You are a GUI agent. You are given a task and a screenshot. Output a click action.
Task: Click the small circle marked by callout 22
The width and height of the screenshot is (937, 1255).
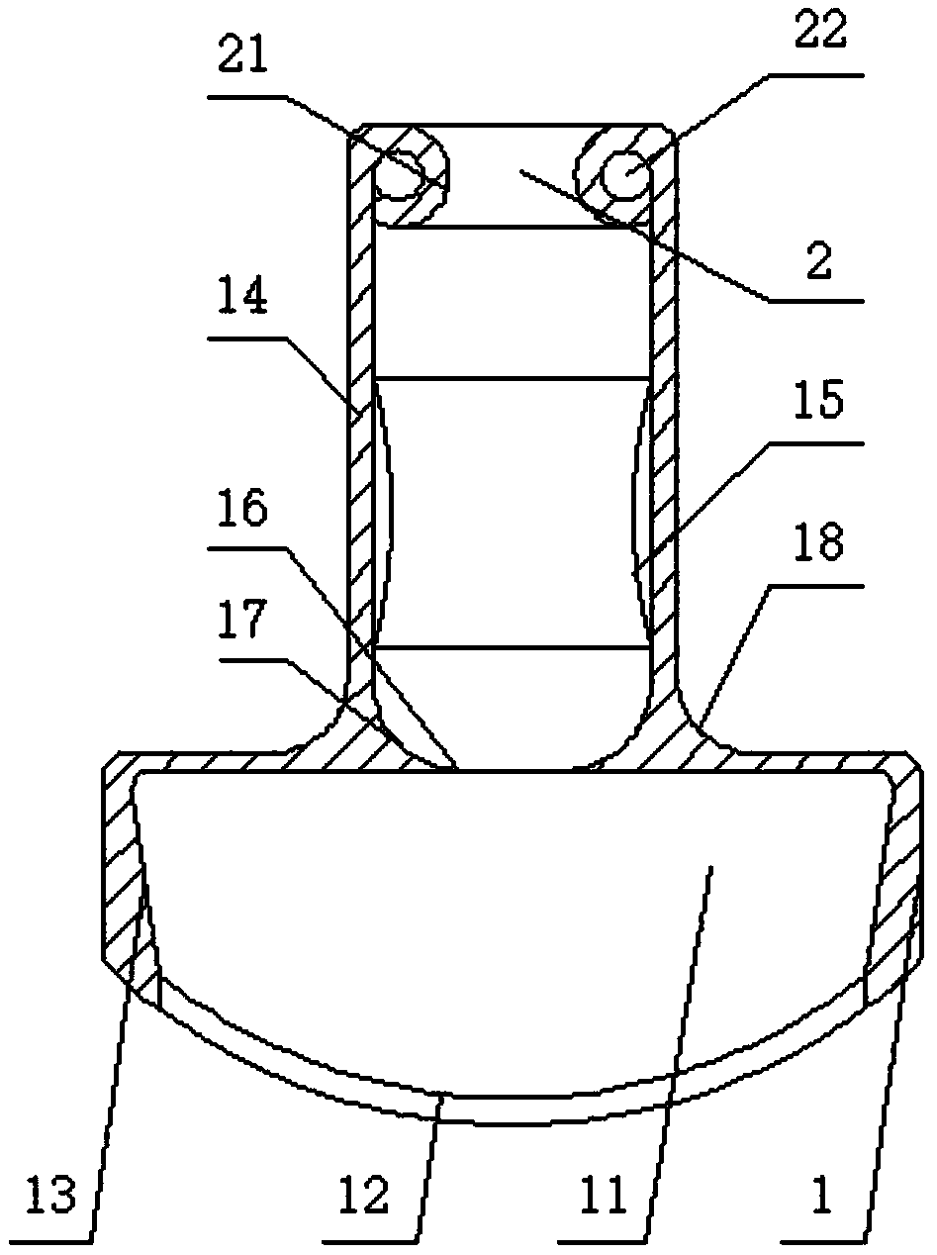pyautogui.click(x=627, y=179)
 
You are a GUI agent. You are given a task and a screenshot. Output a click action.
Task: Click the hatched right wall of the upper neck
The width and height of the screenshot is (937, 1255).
pyautogui.click(x=669, y=396)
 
